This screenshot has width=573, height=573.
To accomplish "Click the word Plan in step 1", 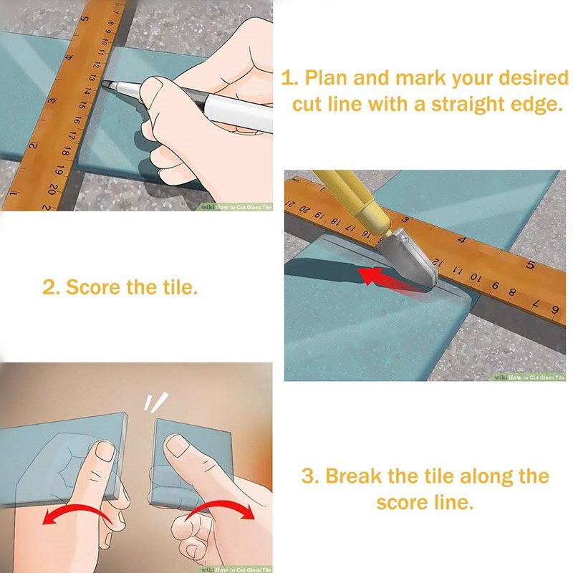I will click(324, 77).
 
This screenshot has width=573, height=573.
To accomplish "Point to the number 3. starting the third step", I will click(309, 476).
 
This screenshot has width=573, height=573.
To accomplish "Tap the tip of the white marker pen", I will click(106, 85).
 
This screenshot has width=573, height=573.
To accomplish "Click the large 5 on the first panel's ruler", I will click(85, 19).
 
